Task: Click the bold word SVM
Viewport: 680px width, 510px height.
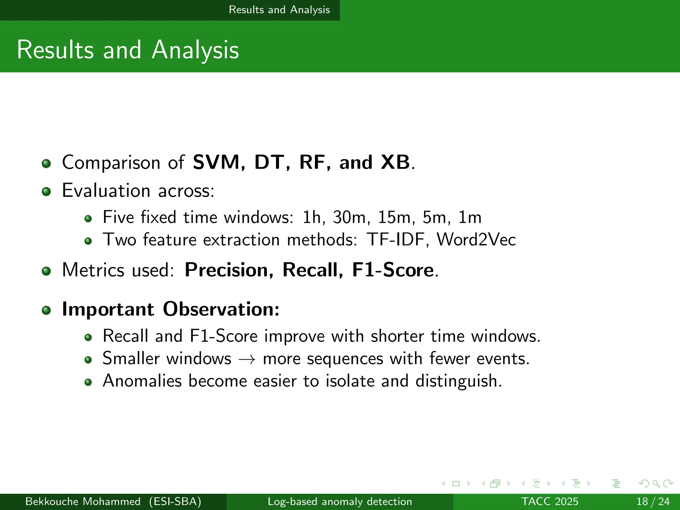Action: pos(216,162)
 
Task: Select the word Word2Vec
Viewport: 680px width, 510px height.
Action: pos(476,239)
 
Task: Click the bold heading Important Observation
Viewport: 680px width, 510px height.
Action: pos(171,309)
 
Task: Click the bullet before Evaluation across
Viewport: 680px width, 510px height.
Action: pos(46,192)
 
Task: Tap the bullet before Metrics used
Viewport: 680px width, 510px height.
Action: pos(46,271)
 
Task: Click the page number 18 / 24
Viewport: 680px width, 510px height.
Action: pos(653,501)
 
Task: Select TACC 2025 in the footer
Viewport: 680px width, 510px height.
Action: pos(550,501)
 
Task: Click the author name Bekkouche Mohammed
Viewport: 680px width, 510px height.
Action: pos(83,501)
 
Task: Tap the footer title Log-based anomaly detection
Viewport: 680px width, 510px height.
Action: pos(340,501)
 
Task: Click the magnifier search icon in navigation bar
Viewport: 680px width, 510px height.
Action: pos(656,483)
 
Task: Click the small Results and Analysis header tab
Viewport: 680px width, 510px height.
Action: pos(279,10)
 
